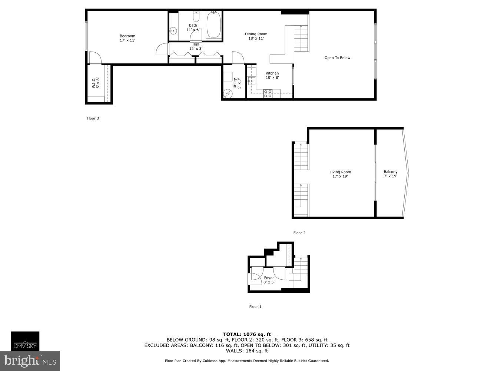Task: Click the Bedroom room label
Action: (127, 38)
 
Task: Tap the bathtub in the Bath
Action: (214, 25)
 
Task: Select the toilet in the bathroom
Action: (196, 16)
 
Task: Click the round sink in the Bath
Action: (172, 31)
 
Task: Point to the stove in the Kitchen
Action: (268, 94)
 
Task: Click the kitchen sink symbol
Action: (252, 80)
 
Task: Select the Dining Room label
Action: (256, 36)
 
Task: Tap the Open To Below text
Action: (337, 58)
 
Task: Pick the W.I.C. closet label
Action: (96, 83)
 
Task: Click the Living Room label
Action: (340, 174)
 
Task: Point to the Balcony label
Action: (390, 174)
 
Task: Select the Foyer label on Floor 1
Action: (269, 280)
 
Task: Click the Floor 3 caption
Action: (93, 118)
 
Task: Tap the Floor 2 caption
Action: (299, 233)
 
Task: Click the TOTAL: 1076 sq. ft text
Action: (247, 334)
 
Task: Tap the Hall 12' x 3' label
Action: (196, 46)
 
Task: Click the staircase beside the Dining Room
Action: (301, 39)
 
